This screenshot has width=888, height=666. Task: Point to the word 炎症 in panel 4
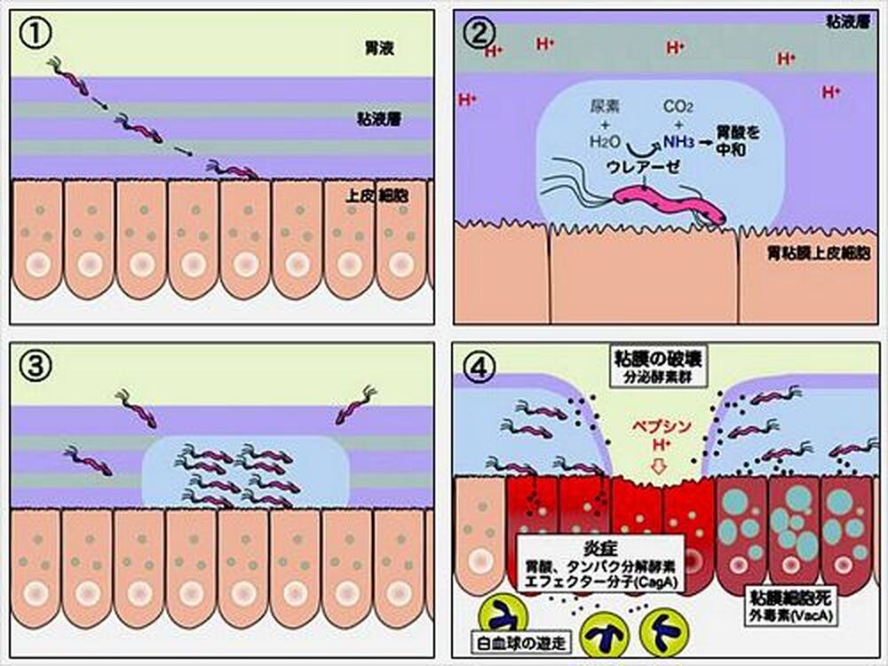tap(600, 543)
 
